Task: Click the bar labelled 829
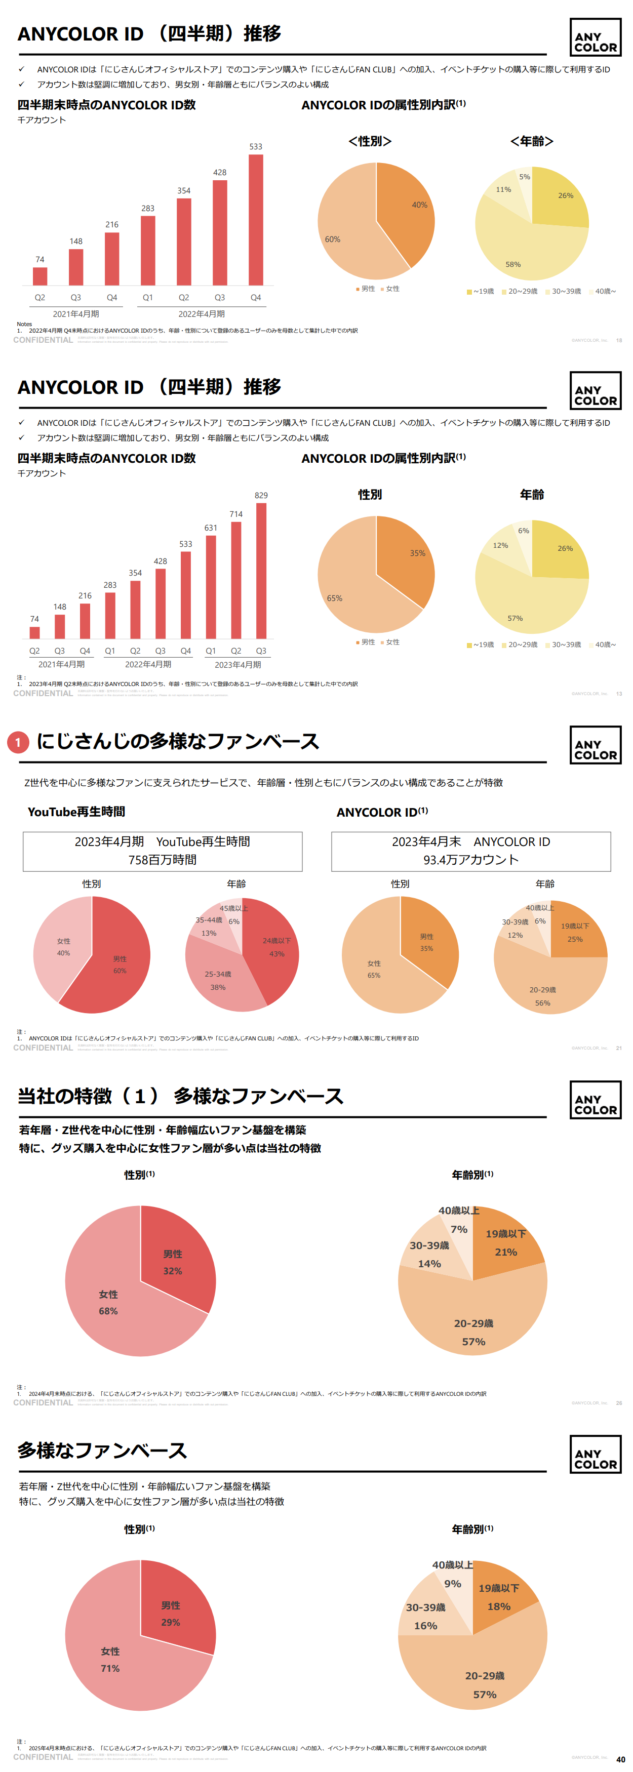click(261, 571)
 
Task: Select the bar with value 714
click(236, 580)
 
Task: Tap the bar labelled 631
click(211, 587)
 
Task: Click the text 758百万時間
click(163, 860)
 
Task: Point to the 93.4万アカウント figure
click(470, 860)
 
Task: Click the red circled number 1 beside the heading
click(18, 742)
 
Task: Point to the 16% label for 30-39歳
click(425, 1626)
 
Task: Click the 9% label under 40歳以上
click(453, 1584)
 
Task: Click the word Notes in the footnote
click(24, 324)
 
